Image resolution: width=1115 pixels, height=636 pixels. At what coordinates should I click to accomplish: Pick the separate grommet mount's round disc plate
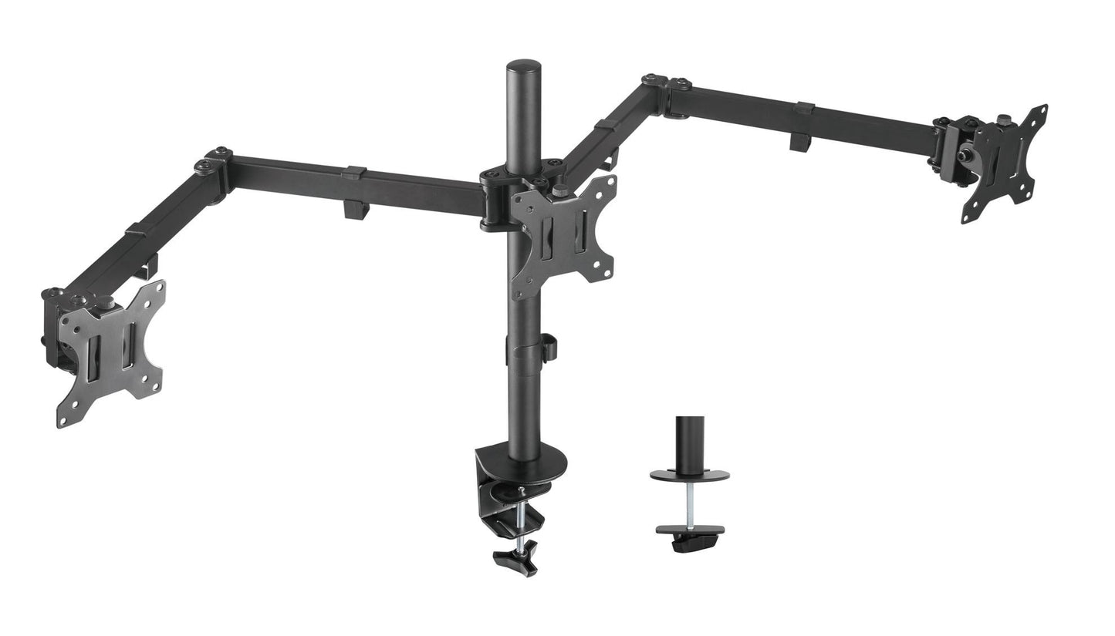pyautogui.click(x=689, y=474)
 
